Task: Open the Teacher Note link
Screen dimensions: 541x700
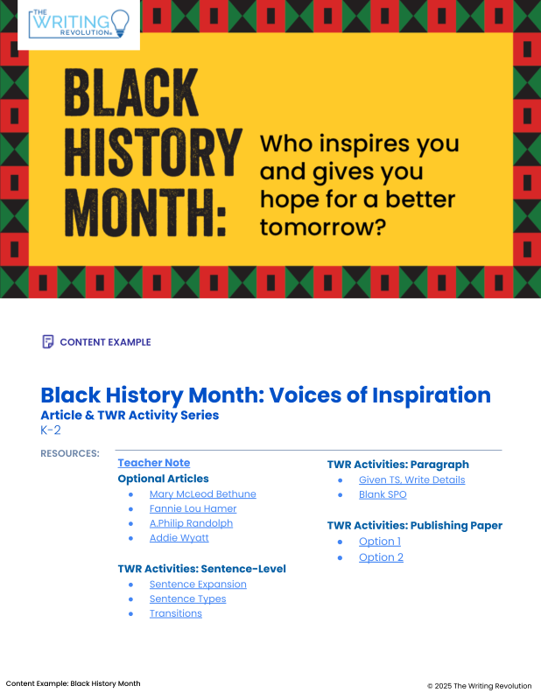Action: (x=154, y=463)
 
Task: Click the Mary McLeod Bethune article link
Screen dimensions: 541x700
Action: (x=203, y=494)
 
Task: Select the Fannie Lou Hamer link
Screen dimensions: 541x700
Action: (x=193, y=508)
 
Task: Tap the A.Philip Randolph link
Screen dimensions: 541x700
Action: (x=191, y=523)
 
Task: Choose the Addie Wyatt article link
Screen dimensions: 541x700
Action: (x=179, y=538)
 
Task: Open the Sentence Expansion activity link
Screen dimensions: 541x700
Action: (x=198, y=584)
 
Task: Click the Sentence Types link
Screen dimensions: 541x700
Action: (x=187, y=599)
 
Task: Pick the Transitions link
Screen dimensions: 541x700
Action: (x=176, y=613)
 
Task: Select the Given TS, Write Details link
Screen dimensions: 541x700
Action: (x=412, y=479)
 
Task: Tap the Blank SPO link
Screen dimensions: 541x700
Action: (x=383, y=494)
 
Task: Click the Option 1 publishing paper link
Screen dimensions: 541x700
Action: (x=380, y=542)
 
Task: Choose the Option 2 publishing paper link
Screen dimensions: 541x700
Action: (x=381, y=557)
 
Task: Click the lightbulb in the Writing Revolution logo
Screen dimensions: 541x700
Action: (x=120, y=24)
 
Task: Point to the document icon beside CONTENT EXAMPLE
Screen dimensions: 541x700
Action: (x=48, y=342)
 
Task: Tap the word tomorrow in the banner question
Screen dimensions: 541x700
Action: (x=317, y=227)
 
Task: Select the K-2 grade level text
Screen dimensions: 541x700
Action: (x=51, y=430)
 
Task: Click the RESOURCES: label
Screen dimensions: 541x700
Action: (x=70, y=453)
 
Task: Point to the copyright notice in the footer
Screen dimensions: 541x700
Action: (x=480, y=686)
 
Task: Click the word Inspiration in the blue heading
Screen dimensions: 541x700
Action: (x=432, y=395)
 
